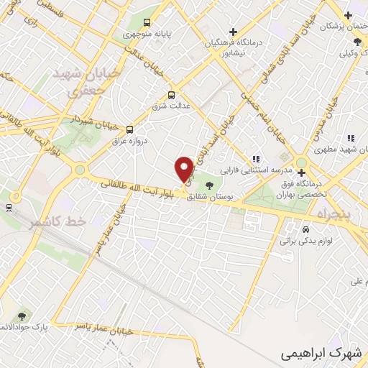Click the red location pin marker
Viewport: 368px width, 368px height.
185,169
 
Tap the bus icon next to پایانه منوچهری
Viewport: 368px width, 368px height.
148,22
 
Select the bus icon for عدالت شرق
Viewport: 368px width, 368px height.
171,95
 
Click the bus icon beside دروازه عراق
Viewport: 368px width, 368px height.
129,129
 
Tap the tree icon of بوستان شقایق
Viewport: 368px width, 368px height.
209,186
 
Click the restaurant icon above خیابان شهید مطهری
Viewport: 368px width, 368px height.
351,137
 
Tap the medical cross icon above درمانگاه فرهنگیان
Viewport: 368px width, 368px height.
232,32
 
